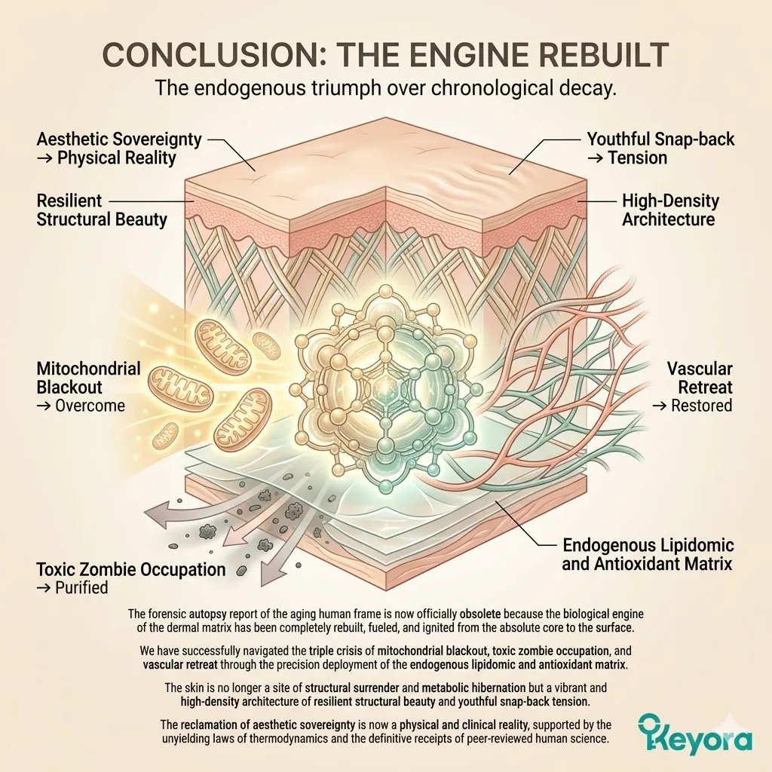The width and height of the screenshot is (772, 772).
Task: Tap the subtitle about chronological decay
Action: click(385, 87)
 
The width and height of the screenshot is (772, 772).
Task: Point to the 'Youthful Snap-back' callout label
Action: click(660, 139)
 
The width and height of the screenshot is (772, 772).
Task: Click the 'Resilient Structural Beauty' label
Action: click(102, 210)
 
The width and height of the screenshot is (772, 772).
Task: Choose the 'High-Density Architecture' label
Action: click(669, 210)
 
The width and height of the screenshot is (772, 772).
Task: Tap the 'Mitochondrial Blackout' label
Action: click(89, 378)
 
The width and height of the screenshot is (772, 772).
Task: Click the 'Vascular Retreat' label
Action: click(700, 378)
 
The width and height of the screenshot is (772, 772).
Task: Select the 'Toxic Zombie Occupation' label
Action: click(131, 568)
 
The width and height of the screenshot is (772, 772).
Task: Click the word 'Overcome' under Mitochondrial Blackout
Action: click(90, 406)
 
